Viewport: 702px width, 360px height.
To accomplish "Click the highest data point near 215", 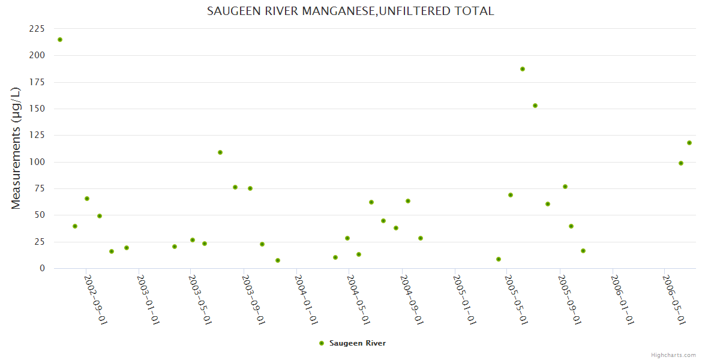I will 60,40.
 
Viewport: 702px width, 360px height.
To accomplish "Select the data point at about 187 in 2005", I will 523,69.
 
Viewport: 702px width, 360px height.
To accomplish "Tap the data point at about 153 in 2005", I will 535,106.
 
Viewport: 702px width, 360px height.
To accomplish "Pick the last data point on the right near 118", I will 689,143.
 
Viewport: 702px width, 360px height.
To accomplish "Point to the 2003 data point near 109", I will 220,152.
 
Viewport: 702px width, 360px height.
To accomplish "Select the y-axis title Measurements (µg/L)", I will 16,148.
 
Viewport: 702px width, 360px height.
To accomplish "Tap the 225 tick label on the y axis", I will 37,29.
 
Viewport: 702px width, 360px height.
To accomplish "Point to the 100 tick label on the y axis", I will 37,162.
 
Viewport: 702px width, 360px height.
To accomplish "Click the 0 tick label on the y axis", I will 42,268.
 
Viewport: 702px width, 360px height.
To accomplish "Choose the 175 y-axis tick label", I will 37,82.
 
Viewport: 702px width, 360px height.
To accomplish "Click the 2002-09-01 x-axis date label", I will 95,300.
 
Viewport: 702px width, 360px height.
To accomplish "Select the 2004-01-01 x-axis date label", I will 306,300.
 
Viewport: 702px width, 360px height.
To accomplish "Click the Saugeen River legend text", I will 358,343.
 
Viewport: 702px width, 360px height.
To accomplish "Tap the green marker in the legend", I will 322,343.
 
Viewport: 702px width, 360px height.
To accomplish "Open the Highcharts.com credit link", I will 673,355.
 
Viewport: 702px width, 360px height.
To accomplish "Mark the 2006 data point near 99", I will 681,163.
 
